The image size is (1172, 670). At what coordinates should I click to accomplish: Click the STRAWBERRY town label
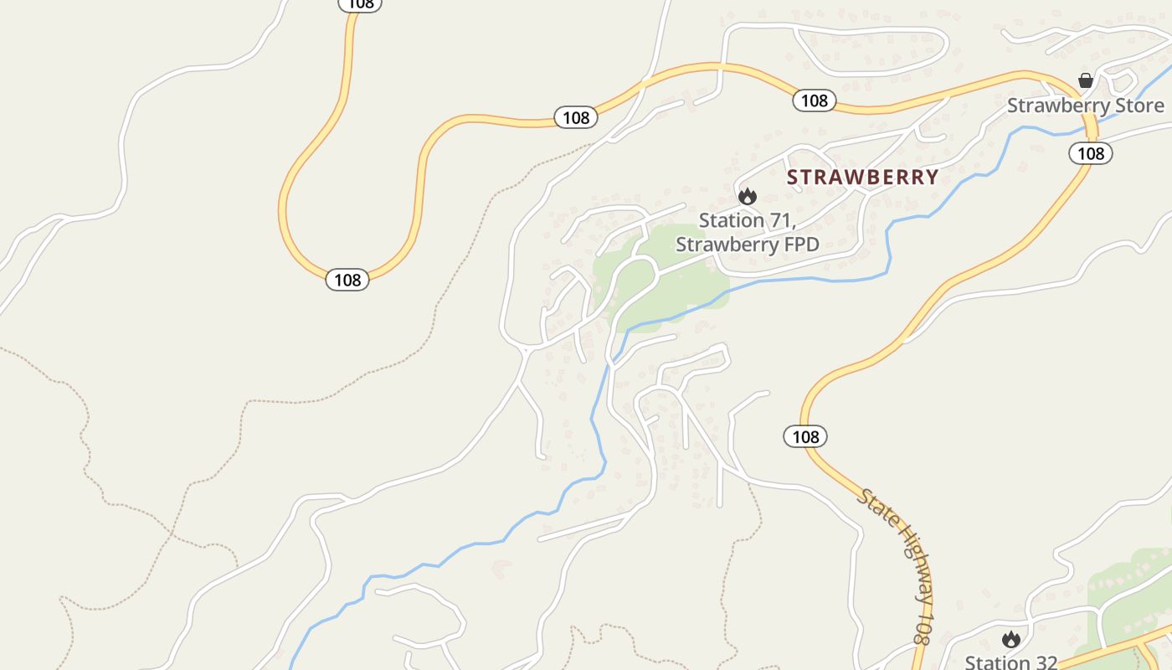click(x=862, y=178)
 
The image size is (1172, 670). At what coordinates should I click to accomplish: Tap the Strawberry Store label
click(x=1085, y=106)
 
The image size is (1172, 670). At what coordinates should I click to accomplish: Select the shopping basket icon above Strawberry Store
click(x=1086, y=80)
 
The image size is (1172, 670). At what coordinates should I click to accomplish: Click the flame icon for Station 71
click(x=747, y=196)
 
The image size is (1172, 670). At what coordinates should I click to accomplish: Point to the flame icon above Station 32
click(x=1010, y=640)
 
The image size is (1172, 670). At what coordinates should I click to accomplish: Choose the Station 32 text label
click(x=1011, y=662)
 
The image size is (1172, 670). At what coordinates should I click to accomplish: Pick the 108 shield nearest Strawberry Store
click(x=1090, y=153)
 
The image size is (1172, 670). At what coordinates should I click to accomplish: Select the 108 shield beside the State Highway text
click(x=805, y=436)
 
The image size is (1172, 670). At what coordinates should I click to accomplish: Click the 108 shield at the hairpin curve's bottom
click(x=347, y=280)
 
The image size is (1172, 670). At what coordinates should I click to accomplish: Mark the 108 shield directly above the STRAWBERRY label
click(x=814, y=100)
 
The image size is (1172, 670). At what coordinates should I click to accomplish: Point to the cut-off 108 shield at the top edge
click(x=360, y=4)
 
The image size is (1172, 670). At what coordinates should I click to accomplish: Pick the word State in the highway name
click(x=873, y=506)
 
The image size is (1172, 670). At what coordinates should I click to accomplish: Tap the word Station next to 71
click(x=731, y=221)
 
